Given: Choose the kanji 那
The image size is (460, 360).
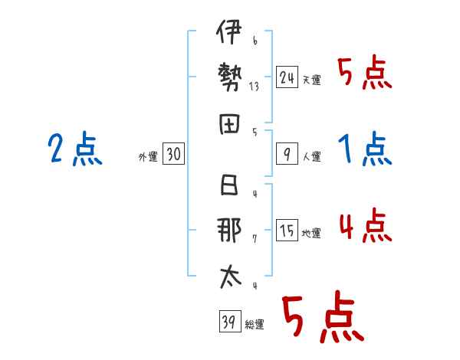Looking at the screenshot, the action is [229, 230].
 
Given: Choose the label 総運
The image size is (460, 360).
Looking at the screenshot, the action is [255, 325].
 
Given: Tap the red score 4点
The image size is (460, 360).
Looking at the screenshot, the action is [365, 226].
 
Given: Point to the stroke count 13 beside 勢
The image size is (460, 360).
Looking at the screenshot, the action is [254, 87].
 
